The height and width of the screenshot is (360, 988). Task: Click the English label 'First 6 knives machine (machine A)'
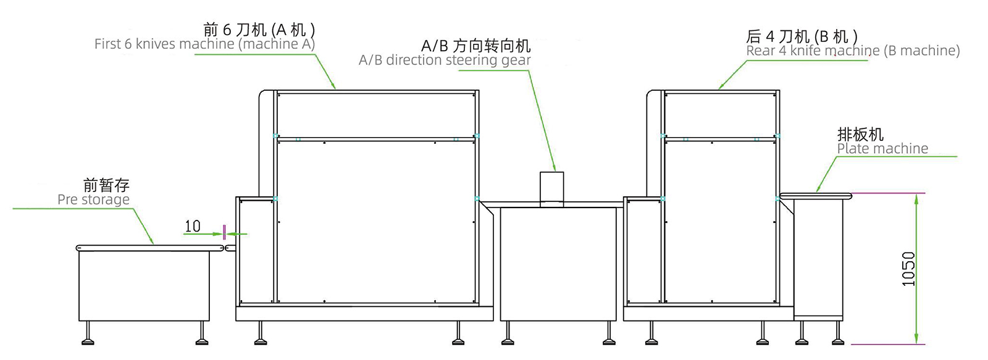(204, 44)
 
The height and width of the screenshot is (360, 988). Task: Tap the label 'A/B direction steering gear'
(445, 61)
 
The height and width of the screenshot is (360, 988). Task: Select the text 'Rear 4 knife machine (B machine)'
(853, 51)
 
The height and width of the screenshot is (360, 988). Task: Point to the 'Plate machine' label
(882, 149)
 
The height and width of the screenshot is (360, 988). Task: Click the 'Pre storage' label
(93, 200)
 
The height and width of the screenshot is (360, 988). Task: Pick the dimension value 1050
(908, 269)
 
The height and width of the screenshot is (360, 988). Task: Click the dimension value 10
(193, 227)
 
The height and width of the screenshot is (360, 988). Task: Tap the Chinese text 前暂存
(106, 185)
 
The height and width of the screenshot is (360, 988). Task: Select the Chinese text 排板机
(860, 134)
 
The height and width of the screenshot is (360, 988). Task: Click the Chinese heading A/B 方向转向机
(475, 46)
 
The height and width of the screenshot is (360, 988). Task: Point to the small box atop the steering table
(551, 188)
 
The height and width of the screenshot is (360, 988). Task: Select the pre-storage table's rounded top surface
(149, 248)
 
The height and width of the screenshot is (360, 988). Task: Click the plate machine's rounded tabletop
(815, 196)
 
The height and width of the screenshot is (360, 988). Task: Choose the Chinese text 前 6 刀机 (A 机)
(259, 30)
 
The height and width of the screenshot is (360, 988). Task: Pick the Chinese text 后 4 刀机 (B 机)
(802, 36)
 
